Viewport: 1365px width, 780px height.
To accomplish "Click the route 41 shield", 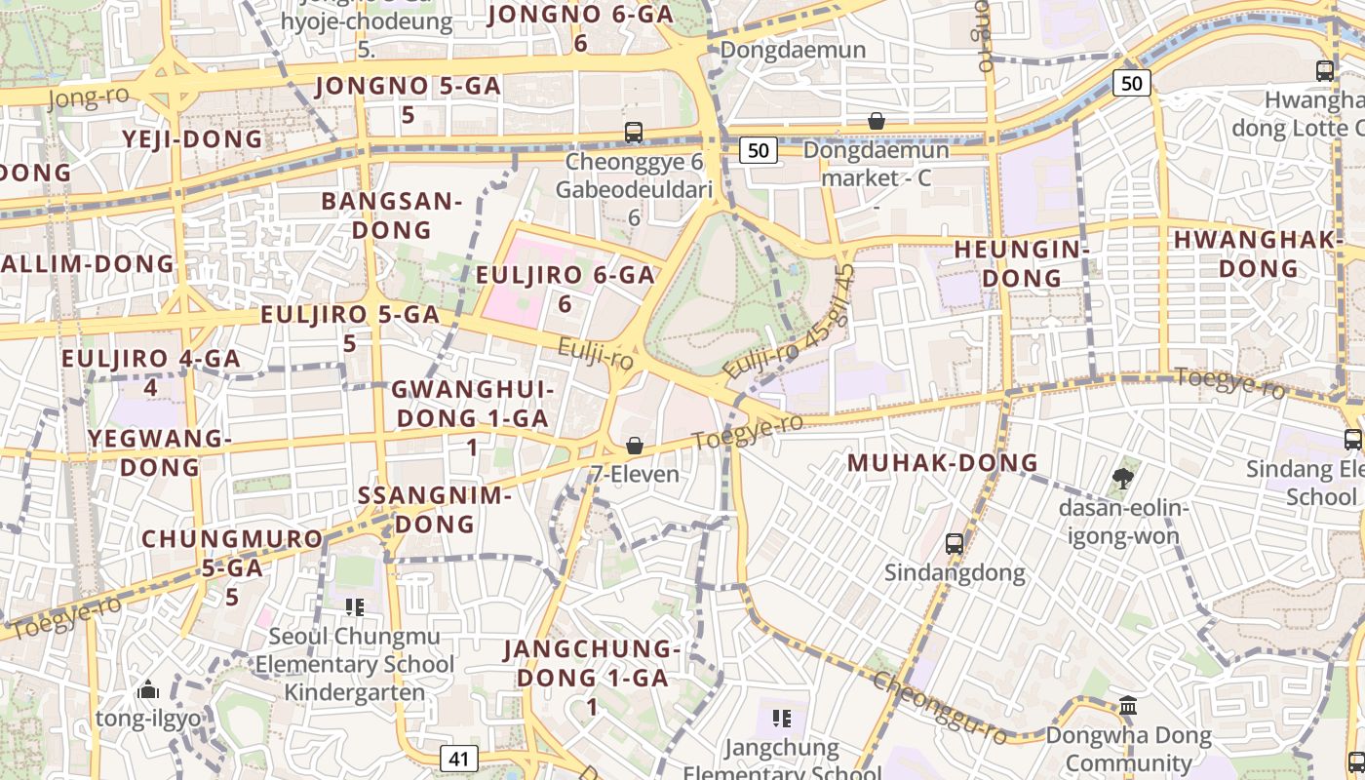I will pos(459,758).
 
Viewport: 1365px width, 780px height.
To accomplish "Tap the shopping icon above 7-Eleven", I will pos(635,446).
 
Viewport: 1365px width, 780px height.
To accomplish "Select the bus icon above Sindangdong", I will pos(955,543).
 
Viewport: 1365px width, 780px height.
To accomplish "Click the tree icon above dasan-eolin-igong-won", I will pos(1123,478).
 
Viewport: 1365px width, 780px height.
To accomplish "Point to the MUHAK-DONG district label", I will pos(943,463).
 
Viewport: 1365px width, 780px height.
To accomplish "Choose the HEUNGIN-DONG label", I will pos(1021,263).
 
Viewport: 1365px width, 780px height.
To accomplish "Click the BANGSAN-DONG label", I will pos(391,215).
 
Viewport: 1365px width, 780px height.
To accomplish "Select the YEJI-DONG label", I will pos(193,139).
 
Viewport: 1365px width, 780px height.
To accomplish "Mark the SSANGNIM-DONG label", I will pos(434,509).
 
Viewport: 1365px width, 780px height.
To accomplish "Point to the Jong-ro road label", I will pos(88,97).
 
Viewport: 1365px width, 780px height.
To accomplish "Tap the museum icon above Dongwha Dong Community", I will pos(1128,705).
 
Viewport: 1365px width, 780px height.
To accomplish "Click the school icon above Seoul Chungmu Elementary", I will pos(355,607).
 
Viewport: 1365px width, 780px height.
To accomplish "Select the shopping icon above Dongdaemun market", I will pos(877,121).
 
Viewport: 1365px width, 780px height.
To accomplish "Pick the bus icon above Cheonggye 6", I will pos(634,132).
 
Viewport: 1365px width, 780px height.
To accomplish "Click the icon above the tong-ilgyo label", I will pos(148,690).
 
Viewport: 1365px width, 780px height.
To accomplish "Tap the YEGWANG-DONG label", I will pos(160,452).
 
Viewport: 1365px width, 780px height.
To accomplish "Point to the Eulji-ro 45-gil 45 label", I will pos(790,322).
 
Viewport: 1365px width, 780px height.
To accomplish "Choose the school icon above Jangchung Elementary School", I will pos(781,719).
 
